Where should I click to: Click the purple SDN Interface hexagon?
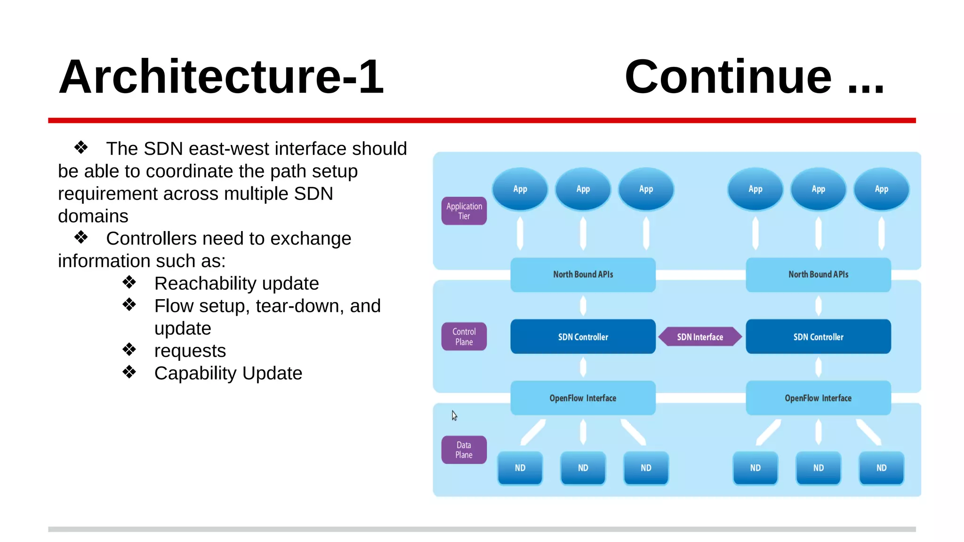click(x=700, y=337)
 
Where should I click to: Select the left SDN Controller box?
click(x=583, y=337)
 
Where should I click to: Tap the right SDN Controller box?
click(x=818, y=337)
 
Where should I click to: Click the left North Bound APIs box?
click(x=583, y=274)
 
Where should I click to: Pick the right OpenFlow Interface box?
click(x=818, y=398)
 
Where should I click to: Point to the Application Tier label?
click(x=464, y=211)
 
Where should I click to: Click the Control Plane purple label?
click(x=464, y=336)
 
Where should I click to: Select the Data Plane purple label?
click(x=464, y=450)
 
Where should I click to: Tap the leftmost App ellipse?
click(x=520, y=189)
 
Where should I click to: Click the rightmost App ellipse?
click(x=881, y=189)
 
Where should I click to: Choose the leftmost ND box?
click(x=520, y=468)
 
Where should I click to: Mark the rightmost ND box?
click(x=881, y=468)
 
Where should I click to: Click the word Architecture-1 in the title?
click(x=221, y=77)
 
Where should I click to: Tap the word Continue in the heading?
click(x=728, y=77)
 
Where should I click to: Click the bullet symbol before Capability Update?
click(x=129, y=373)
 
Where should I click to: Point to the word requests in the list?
click(x=190, y=351)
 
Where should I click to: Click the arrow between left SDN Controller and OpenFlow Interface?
click(x=583, y=367)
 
